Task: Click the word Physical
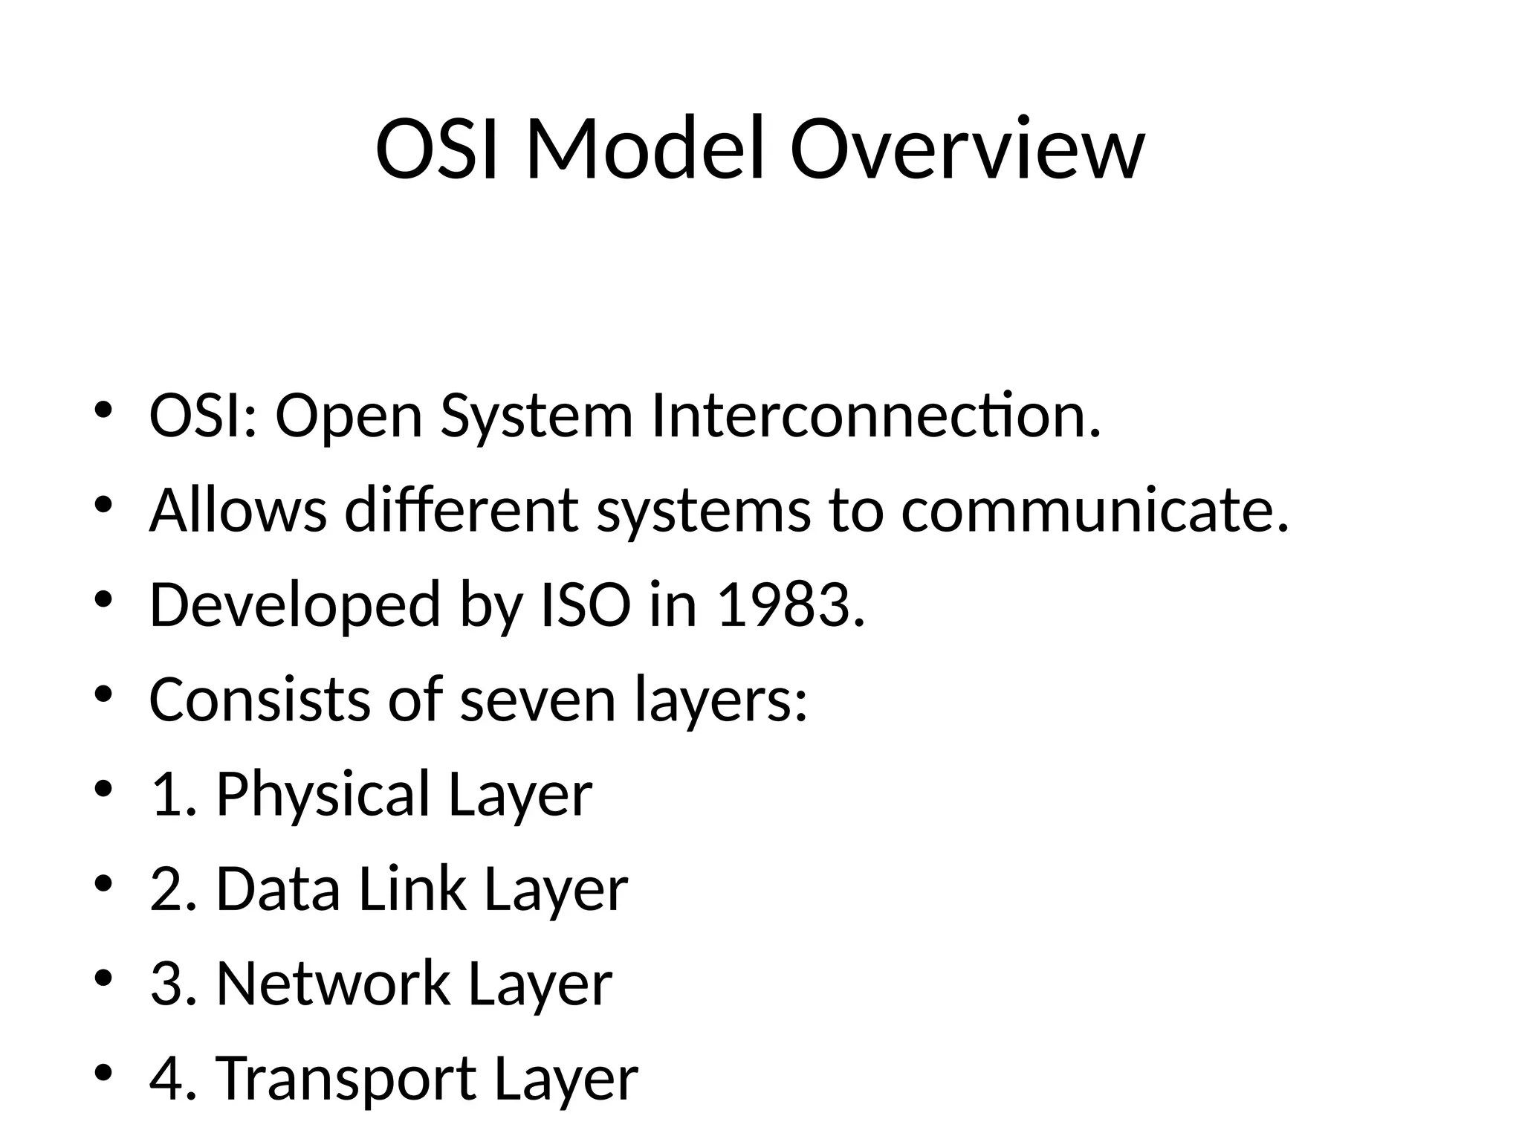pos(323,794)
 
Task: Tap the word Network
pos(332,983)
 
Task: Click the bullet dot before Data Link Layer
pos(103,883)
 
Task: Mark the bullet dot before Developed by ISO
pos(103,599)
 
